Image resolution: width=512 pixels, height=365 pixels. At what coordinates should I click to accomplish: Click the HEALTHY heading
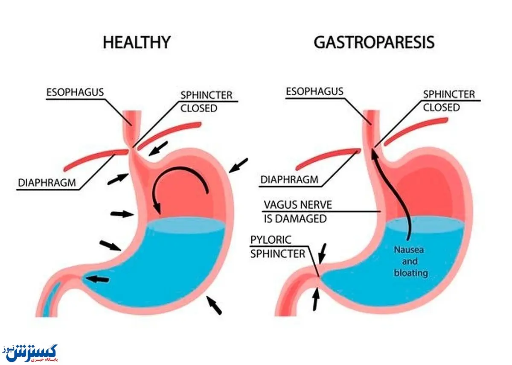click(137, 42)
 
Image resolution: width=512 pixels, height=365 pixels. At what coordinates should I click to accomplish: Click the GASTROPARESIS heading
click(374, 42)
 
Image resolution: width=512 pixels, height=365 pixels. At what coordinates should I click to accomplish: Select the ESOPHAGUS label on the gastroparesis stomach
click(314, 91)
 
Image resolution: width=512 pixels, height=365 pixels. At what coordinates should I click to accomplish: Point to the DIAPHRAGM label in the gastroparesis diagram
click(289, 180)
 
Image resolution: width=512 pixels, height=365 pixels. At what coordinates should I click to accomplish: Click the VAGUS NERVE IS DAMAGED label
click(297, 211)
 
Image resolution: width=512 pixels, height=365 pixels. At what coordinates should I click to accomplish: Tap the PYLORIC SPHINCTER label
click(277, 246)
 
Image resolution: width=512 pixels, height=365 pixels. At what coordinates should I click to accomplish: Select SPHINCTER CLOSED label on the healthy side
click(207, 101)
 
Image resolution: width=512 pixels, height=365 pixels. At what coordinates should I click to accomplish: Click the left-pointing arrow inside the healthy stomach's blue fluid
click(97, 279)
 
